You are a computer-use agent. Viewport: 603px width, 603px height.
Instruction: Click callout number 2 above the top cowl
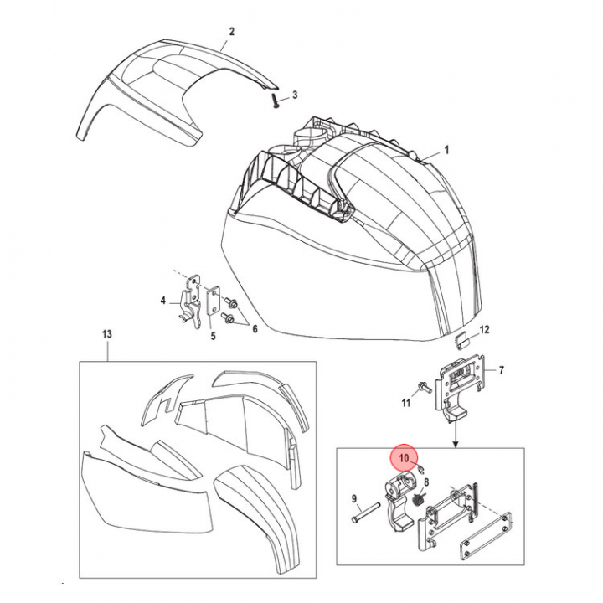[231, 32]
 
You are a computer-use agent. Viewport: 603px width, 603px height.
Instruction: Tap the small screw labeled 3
[276, 100]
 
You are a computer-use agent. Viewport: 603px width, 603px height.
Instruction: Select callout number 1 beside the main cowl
[446, 150]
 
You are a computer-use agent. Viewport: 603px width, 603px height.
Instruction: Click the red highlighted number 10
[404, 458]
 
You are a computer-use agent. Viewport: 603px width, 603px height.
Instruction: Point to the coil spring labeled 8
[418, 501]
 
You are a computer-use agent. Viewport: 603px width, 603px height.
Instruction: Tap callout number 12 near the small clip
[484, 330]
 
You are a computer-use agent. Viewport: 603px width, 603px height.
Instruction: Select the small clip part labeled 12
[461, 341]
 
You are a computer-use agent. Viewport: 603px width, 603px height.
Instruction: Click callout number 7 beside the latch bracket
[501, 370]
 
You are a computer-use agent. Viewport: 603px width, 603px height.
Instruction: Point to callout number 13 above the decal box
[107, 334]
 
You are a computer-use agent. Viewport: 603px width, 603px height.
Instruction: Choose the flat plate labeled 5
[213, 301]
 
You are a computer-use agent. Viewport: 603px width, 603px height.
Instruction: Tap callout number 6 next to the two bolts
[255, 329]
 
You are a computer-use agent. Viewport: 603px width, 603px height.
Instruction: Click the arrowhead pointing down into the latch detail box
[456, 445]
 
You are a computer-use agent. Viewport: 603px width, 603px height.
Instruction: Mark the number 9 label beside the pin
[354, 499]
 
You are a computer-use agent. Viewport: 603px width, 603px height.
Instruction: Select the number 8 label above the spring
[426, 482]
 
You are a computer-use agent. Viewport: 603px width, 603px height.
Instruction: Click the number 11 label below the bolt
[406, 403]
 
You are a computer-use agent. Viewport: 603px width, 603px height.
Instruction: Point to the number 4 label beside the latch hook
[163, 301]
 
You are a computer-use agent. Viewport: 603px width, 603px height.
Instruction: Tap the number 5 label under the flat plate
[213, 336]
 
